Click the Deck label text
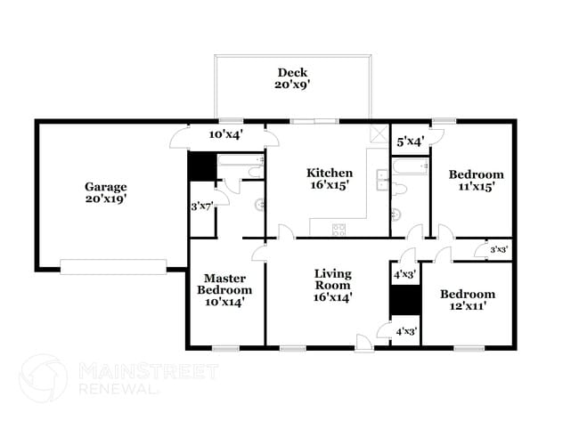click(x=292, y=78)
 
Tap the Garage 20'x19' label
click(x=106, y=193)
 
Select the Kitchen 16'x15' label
click(x=330, y=179)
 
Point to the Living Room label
click(x=332, y=285)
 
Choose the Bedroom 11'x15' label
click(x=475, y=181)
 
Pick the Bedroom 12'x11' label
click(x=467, y=301)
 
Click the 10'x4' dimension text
click(x=226, y=134)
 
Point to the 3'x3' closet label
click(x=498, y=250)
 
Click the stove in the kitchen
click(x=339, y=230)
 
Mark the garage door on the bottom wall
click(x=113, y=266)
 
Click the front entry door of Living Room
click(x=364, y=342)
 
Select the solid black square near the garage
click(x=201, y=166)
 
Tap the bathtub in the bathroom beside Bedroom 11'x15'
click(x=410, y=165)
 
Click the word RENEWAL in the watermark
click(x=119, y=389)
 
